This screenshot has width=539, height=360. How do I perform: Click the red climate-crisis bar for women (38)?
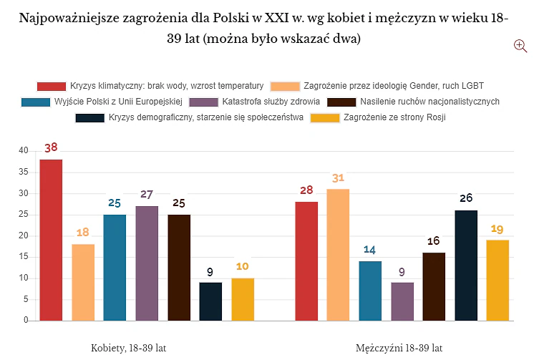(51, 240)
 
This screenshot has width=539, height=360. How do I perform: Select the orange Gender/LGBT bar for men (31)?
(338, 255)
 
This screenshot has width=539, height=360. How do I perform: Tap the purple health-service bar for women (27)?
(147, 263)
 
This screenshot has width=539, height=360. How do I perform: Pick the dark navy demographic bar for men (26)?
(466, 266)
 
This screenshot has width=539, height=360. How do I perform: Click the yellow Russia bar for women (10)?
(243, 299)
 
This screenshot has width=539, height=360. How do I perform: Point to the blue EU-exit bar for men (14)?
(370, 291)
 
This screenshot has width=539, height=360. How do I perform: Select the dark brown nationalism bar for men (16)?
(434, 287)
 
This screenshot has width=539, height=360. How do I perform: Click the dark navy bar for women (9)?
(210, 301)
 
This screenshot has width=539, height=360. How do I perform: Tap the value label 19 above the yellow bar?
(497, 229)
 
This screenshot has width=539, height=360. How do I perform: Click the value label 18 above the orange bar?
(83, 233)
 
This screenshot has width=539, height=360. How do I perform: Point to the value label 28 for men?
(306, 190)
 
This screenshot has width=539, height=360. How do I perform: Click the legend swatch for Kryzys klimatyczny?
(52, 87)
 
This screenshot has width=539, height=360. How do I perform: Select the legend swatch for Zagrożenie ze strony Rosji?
(325, 118)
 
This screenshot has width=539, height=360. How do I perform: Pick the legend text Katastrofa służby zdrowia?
(271, 102)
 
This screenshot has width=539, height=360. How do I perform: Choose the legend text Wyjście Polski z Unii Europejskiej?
(119, 102)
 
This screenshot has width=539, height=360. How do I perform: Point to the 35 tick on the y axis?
(24, 172)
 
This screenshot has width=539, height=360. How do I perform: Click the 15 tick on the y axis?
(24, 256)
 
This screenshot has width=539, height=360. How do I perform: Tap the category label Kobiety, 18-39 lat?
(129, 348)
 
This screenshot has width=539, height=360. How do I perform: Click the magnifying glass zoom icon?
(520, 46)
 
